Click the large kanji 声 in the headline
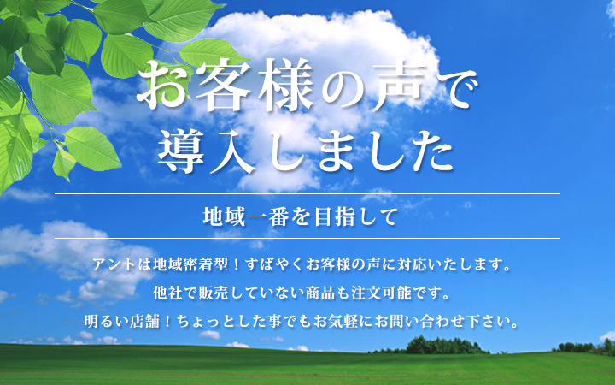398,86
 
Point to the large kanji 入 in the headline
233,151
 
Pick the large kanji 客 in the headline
224,85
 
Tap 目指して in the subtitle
355,216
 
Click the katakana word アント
114,264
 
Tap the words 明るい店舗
121,322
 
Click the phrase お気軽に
342,322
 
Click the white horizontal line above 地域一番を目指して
307,193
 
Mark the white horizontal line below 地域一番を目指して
307,238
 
